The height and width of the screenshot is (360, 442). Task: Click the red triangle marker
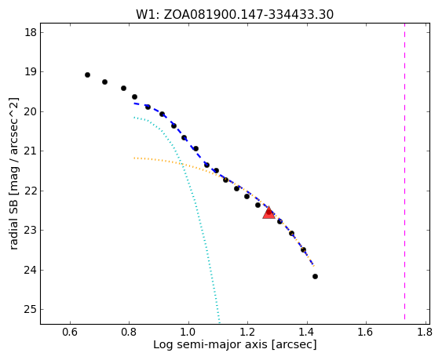click(x=268, y=213)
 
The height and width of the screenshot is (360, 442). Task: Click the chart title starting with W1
click(x=235, y=14)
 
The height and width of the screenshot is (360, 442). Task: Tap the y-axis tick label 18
click(x=31, y=32)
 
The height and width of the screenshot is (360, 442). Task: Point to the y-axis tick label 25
click(x=31, y=310)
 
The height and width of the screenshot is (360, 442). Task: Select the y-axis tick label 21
click(x=31, y=151)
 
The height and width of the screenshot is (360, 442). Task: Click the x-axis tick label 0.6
click(x=70, y=332)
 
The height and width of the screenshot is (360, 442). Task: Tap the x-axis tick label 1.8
click(x=425, y=332)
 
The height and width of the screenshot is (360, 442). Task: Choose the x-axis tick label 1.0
click(x=188, y=332)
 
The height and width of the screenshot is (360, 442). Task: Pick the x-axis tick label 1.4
click(x=307, y=332)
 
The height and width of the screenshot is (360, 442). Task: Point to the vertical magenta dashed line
click(x=404, y=172)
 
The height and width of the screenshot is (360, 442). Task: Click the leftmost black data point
click(x=87, y=75)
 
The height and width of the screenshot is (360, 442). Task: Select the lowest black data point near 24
click(x=315, y=277)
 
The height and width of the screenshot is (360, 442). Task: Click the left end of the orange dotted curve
click(x=134, y=158)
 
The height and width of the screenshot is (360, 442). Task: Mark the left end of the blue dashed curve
click(x=134, y=104)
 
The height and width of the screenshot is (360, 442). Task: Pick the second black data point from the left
click(x=104, y=82)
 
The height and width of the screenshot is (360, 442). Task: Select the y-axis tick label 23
click(x=31, y=231)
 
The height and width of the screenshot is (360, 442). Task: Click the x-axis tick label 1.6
click(x=366, y=332)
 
